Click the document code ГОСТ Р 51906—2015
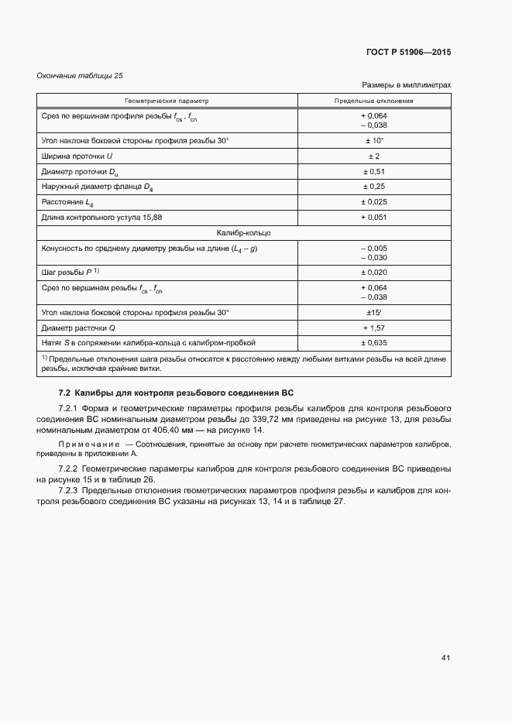tap(407, 53)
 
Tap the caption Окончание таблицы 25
tap(80, 75)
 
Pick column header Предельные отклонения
tap(374, 101)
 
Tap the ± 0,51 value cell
tap(374, 171)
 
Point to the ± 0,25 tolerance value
tap(374, 187)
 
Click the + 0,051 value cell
tap(374, 218)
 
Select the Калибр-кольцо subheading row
tap(243, 232)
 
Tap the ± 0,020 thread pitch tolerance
tap(374, 272)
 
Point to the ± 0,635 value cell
tap(374, 341)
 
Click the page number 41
tap(445, 658)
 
